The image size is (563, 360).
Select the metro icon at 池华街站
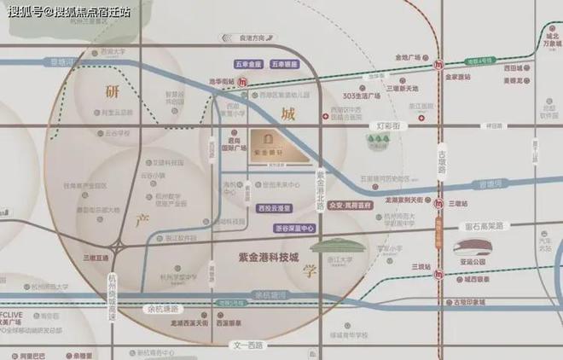point(244,82)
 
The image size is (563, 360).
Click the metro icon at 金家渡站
point(438,64)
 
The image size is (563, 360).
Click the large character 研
point(113,91)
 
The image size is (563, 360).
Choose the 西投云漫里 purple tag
point(274,208)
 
